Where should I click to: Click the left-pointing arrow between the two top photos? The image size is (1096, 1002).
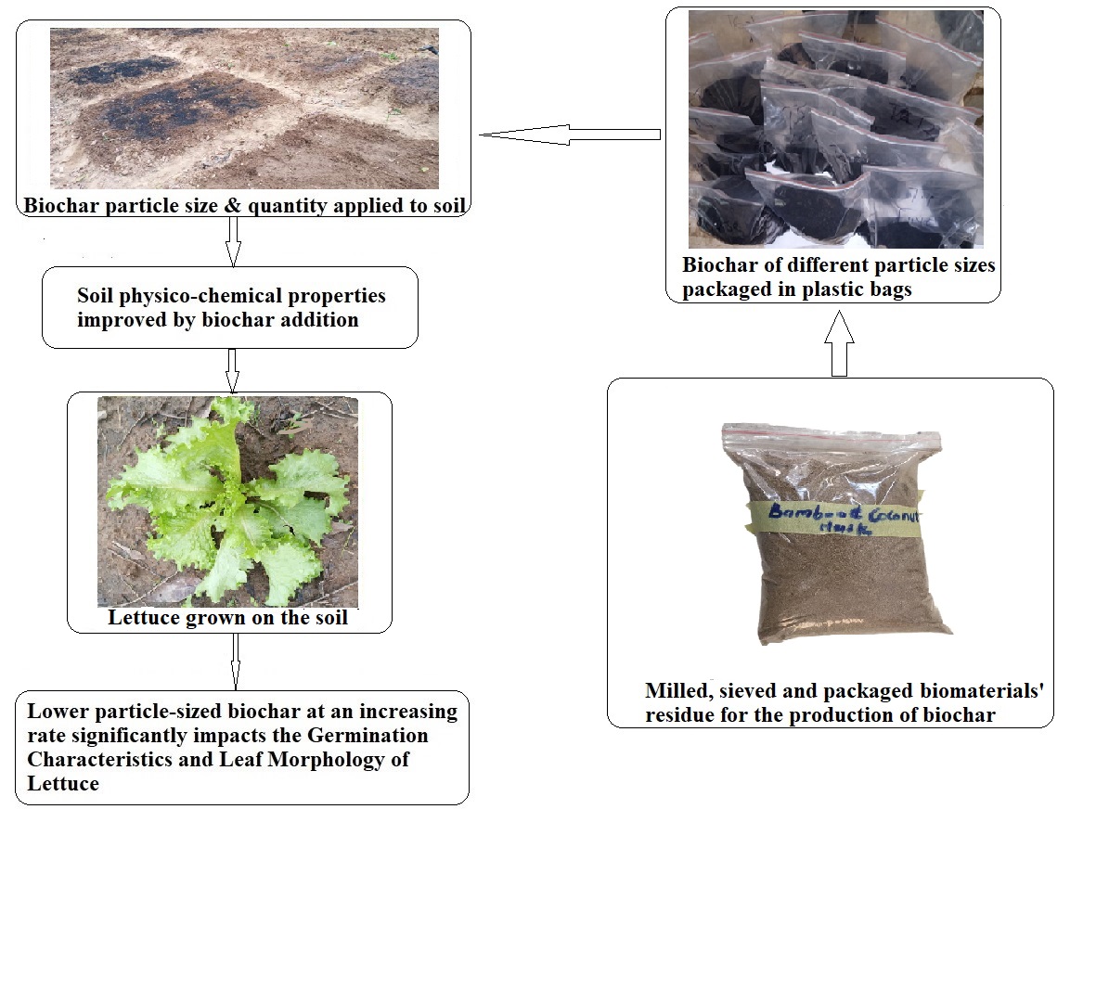pyautogui.click(x=568, y=135)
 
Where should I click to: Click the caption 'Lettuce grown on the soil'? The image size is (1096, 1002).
pyautogui.click(x=227, y=618)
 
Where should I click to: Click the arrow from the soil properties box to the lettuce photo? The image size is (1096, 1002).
pyautogui.click(x=232, y=370)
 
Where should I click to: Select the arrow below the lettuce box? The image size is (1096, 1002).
pyautogui.click(x=235, y=662)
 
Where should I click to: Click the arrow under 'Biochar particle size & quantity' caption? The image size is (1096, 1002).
pyautogui.click(x=233, y=242)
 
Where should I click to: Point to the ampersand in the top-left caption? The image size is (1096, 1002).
pyautogui.click(x=232, y=205)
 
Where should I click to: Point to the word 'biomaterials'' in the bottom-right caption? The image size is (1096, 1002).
pyautogui.click(x=983, y=691)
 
